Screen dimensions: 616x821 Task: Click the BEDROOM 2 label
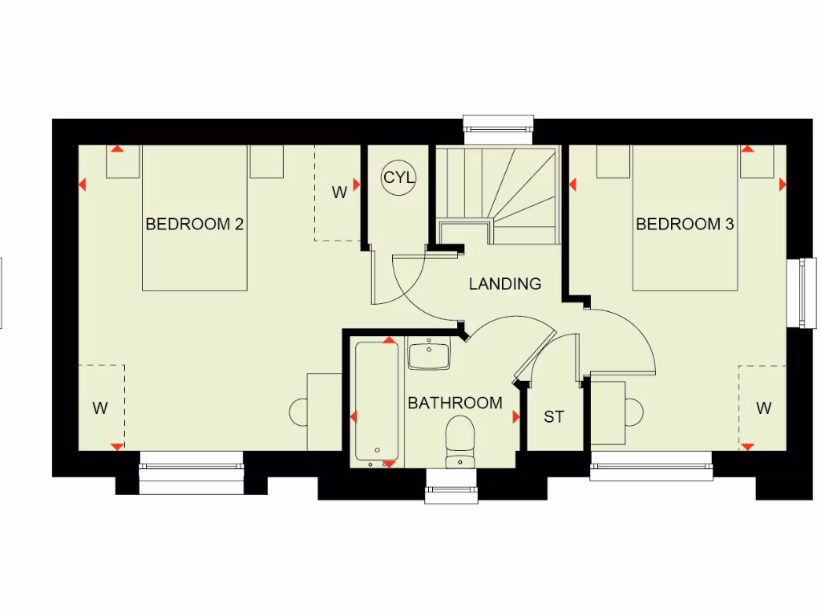coord(194,224)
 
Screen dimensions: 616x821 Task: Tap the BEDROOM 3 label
coord(685,224)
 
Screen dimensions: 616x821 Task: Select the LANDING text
coord(504,283)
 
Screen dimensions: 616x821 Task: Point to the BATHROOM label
coord(455,403)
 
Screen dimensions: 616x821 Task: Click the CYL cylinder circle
coord(398,177)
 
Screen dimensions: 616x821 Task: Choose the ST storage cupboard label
coord(554,417)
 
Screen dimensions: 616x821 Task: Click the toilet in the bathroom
coord(460,440)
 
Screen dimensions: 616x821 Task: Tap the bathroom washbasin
coord(429,354)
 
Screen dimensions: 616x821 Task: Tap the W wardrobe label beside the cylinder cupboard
coord(340,192)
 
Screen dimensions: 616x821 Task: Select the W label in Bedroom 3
coord(763,408)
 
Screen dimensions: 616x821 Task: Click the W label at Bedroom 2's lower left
coord(100,408)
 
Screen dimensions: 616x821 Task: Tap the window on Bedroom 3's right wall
coord(807,292)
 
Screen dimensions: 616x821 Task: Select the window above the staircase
coord(498,125)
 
